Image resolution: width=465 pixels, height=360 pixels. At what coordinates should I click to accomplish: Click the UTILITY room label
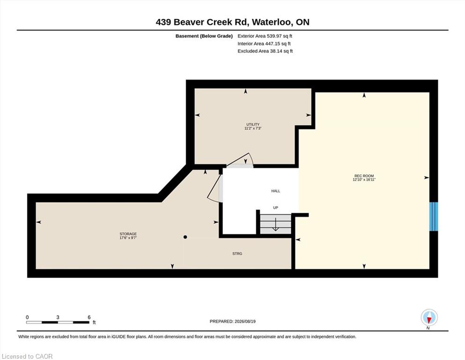253,124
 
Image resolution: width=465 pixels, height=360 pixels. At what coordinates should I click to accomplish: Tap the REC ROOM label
364,176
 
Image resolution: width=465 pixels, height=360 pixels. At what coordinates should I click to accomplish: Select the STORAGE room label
128,234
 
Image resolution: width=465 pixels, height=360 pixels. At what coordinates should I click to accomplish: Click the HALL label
275,191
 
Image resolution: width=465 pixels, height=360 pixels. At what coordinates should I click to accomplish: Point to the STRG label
237,254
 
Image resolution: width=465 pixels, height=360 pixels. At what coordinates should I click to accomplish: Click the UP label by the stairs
275,208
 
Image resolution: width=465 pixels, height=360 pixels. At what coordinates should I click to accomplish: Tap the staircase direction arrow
275,225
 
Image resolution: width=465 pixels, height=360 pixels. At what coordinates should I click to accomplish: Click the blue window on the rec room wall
434,217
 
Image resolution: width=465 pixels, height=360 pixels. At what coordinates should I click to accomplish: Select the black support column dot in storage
185,237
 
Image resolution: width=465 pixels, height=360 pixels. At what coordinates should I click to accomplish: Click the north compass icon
429,317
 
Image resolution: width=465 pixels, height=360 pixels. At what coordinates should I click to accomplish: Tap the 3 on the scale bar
58,317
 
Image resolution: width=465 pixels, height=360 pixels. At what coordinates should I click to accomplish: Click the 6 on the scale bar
89,317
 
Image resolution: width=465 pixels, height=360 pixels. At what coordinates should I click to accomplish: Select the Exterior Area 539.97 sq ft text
265,36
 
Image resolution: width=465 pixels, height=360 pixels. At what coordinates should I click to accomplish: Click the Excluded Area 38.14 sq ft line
265,51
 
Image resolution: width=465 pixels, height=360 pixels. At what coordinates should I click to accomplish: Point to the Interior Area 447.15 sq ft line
264,43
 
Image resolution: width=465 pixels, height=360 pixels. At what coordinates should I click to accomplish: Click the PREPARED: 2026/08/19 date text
232,321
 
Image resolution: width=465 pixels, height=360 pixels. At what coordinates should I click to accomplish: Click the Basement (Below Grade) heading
204,36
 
